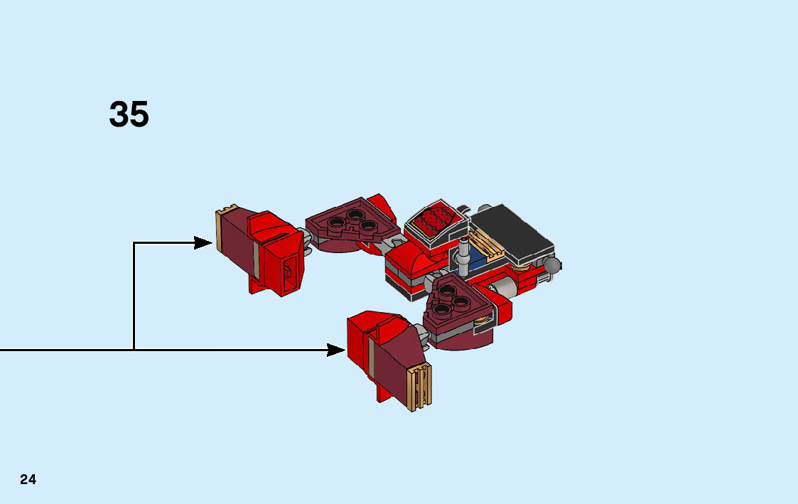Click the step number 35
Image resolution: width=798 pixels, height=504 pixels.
click(129, 114)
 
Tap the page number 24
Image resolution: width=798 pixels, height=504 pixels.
click(28, 479)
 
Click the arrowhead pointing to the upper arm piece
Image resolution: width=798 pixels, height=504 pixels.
click(204, 243)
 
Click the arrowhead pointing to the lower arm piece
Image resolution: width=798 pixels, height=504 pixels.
click(336, 350)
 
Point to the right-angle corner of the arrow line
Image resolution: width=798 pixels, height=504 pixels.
click(134, 243)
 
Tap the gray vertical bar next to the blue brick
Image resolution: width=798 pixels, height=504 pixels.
click(463, 257)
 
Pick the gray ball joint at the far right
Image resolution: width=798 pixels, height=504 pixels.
click(552, 265)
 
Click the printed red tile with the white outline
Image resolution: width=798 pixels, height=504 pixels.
click(435, 221)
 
